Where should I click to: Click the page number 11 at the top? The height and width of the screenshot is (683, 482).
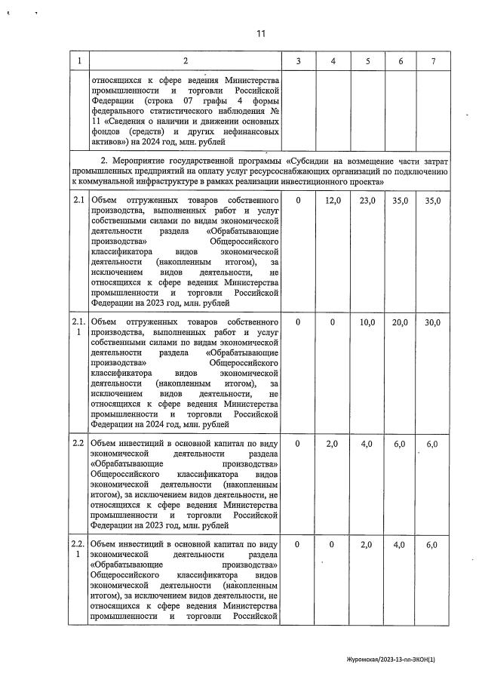(x=261, y=34)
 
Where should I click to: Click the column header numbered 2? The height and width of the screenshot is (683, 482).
(x=185, y=60)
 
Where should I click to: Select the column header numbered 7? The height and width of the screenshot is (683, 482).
(x=432, y=60)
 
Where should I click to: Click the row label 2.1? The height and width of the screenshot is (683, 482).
(x=78, y=200)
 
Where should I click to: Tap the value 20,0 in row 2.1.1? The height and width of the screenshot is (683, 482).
(x=400, y=322)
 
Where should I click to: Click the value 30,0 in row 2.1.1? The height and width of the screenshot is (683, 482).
(x=432, y=322)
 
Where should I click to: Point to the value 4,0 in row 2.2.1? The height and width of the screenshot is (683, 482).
(x=400, y=545)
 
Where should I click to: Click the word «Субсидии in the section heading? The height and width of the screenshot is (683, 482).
(x=311, y=162)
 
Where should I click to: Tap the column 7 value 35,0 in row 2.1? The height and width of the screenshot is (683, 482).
(x=432, y=200)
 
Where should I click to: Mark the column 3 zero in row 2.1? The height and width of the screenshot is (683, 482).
(x=299, y=200)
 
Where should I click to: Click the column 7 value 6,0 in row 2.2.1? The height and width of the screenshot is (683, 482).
(x=432, y=545)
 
